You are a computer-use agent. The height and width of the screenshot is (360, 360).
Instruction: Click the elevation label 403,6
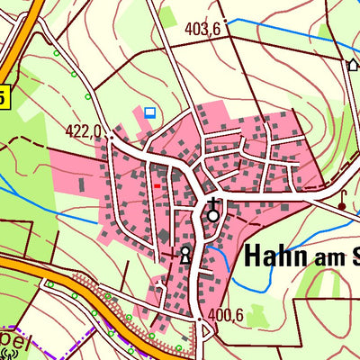coord(202,29)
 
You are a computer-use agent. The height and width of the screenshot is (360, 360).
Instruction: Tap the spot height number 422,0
coord(83,130)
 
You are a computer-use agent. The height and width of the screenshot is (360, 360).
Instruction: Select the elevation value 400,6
coord(226,315)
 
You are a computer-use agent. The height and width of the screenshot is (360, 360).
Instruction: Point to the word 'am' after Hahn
coord(326,259)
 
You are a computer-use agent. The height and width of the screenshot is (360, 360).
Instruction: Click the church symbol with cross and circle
coord(213,212)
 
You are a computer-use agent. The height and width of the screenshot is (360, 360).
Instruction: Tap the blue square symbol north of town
coord(149,112)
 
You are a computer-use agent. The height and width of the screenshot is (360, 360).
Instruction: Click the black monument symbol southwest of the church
coord(185,255)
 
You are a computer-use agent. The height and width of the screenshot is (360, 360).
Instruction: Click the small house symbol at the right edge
coord(353,64)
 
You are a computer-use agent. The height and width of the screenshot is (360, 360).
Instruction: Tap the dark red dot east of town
coord(342,206)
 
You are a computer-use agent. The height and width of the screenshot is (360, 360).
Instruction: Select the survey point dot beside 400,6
coord(200,318)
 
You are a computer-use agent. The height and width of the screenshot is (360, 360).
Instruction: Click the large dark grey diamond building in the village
coord(164,236)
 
